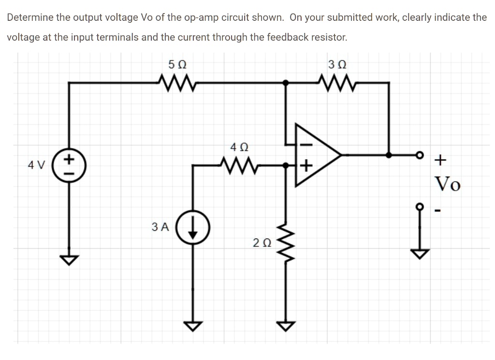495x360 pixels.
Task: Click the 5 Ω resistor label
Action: point(178,63)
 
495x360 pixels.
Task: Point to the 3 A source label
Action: point(160,226)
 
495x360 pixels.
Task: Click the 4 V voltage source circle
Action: point(69,165)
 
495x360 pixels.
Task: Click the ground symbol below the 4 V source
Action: point(69,260)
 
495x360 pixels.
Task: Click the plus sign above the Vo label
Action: point(440,158)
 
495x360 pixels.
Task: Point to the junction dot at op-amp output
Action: point(389,155)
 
